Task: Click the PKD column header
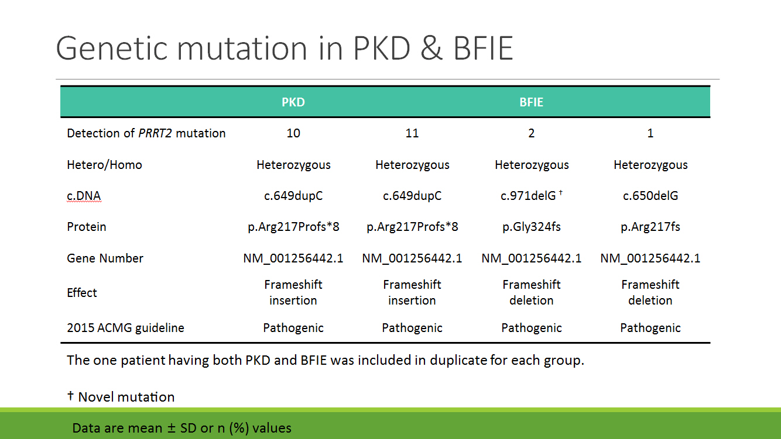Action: pyautogui.click(x=293, y=102)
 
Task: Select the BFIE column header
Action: pyautogui.click(x=532, y=102)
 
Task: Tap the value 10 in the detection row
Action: pyautogui.click(x=293, y=133)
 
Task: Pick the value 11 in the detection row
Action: pyautogui.click(x=412, y=133)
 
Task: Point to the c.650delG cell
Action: pyautogui.click(x=650, y=196)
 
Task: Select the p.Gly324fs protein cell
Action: pyautogui.click(x=532, y=227)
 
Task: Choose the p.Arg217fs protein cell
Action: pyautogui.click(x=650, y=227)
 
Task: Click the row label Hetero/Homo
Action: pyautogui.click(x=104, y=165)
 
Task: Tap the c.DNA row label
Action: pyautogui.click(x=84, y=196)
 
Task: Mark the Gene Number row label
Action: pyautogui.click(x=105, y=258)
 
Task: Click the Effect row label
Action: pyautogui.click(x=81, y=293)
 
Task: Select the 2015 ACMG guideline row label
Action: pyautogui.click(x=125, y=328)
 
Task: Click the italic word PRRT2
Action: pyautogui.click(x=155, y=133)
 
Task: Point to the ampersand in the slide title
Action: pyautogui.click(x=431, y=48)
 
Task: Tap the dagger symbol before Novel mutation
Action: pyautogui.click(x=70, y=395)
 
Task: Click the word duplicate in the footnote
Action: pyautogui.click(x=458, y=360)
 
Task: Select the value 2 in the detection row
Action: pyautogui.click(x=532, y=133)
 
